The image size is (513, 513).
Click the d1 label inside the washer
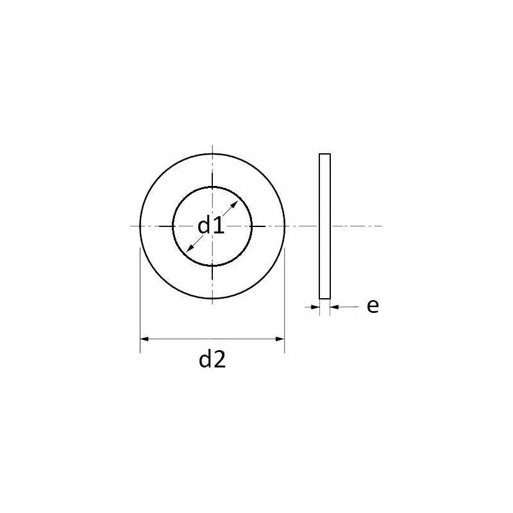(211, 226)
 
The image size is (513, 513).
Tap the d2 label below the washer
(212, 359)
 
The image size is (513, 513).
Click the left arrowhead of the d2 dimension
(144, 339)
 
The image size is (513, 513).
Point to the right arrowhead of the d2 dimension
(280, 339)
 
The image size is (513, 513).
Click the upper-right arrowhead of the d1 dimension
(235, 204)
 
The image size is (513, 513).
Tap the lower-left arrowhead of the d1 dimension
(189, 248)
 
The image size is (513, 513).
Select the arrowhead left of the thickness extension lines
(315, 307)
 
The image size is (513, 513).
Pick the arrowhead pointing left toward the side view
(334, 307)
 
